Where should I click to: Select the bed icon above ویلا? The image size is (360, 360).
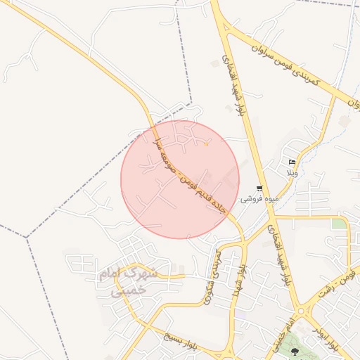pos(292,162)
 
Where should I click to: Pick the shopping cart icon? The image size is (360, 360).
pos(259,188)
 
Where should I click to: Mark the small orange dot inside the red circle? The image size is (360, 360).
pos(206,145)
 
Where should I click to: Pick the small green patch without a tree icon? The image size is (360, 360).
pos(340,224)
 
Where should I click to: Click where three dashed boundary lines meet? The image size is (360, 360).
pos(27,237)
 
